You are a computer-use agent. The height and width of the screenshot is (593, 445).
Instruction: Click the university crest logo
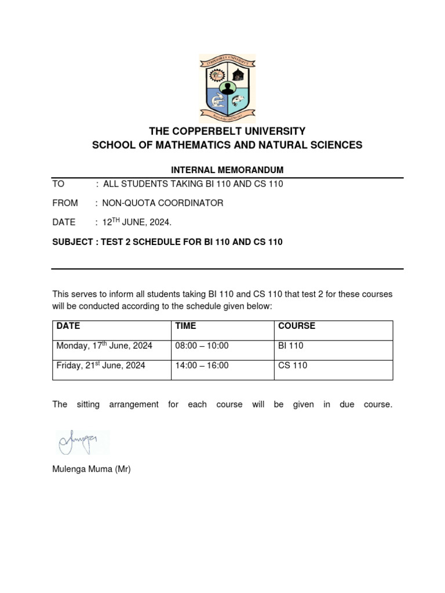click(x=227, y=88)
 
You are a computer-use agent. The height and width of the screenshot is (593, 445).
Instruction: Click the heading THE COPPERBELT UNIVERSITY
click(x=227, y=131)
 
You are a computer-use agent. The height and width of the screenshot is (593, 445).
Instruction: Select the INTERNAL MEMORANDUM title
click(x=227, y=170)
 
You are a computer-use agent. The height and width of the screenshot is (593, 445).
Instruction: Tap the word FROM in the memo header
click(x=64, y=203)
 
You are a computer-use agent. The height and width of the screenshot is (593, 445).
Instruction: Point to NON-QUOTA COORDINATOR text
click(x=163, y=203)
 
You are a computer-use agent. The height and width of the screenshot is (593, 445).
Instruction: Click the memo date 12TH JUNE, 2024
click(x=137, y=222)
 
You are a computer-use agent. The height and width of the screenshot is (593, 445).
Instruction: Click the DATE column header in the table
click(x=68, y=326)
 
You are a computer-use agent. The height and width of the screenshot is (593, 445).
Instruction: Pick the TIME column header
click(x=186, y=326)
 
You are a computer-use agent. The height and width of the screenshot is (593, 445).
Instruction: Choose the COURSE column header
click(x=297, y=326)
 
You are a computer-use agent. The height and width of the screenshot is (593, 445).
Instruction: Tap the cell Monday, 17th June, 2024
click(x=104, y=346)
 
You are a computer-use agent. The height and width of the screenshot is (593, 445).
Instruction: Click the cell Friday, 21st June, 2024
click(x=101, y=365)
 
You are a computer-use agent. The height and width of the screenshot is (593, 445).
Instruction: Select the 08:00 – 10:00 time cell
click(x=202, y=346)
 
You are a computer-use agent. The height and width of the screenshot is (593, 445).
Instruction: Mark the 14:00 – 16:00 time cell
click(x=202, y=365)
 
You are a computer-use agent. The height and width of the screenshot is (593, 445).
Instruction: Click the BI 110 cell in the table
click(x=291, y=346)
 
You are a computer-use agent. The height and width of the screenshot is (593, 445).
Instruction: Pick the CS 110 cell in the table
click(x=293, y=365)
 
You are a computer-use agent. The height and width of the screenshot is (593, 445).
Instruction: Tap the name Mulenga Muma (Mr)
click(x=92, y=470)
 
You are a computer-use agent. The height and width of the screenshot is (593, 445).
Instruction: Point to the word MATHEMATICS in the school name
click(x=189, y=145)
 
